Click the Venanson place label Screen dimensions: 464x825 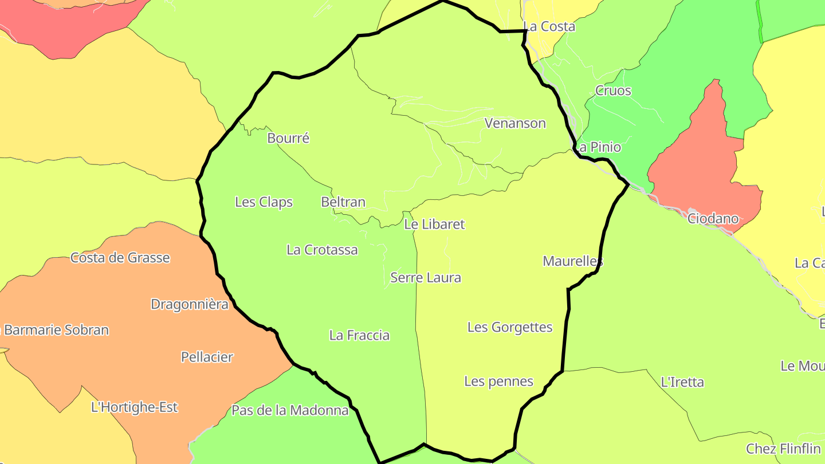pos(515,123)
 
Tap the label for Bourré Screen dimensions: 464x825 pos(288,138)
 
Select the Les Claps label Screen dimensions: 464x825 pos(264,202)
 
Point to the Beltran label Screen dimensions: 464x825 pos(343,202)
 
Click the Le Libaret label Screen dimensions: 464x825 pos(434,224)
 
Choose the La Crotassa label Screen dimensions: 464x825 pos(322,250)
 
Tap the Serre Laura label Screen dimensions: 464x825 pos(426,278)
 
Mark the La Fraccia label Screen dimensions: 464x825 pos(359,335)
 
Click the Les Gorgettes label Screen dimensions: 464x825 pos(510,327)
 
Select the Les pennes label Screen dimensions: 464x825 pos(498,381)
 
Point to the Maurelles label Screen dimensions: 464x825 pos(573,261)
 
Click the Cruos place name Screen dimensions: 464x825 pos(613,91)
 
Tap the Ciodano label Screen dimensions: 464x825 pos(713,218)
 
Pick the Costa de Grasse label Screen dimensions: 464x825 pos(120,258)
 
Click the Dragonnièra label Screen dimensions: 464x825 pos(190,304)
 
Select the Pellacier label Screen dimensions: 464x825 pos(207,357)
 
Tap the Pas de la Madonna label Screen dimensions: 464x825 pos(290,410)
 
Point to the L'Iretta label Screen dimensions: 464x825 pos(682,382)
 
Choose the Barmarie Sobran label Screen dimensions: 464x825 pos(56,330)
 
